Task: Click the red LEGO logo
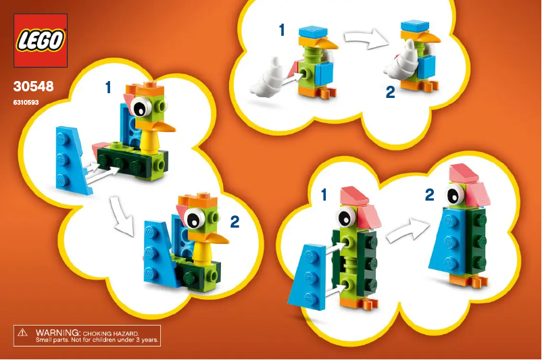(41, 41)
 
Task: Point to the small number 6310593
(26, 103)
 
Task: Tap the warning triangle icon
(23, 334)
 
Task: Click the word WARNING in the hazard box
(58, 334)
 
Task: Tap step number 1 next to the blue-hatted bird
(282, 30)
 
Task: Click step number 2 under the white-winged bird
(390, 93)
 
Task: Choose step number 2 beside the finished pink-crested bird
(430, 195)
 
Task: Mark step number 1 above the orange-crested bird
(108, 86)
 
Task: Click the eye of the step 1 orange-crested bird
(142, 106)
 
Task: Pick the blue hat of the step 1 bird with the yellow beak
(313, 31)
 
